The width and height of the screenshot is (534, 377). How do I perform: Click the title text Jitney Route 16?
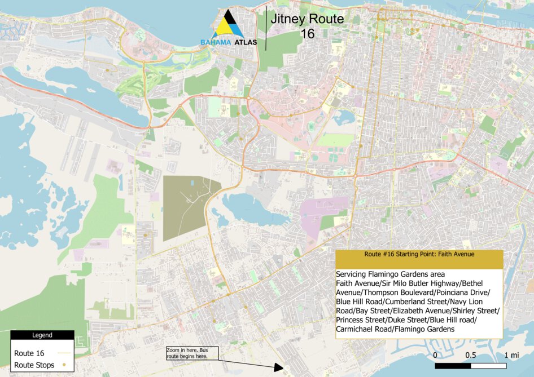[307, 26]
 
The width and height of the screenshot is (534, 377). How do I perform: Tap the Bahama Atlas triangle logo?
[228, 25]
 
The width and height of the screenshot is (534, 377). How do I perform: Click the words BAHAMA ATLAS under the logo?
[228, 42]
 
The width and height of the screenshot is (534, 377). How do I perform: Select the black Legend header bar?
[42, 335]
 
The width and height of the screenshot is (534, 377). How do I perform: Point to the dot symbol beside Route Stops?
[64, 365]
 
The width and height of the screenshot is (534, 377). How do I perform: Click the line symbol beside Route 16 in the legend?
[64, 353]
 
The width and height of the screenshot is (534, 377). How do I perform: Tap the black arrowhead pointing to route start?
[278, 367]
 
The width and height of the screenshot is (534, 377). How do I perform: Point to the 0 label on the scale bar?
[435, 355]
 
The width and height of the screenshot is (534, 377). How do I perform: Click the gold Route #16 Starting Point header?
[418, 254]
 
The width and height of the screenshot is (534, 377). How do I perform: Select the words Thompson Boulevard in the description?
[399, 292]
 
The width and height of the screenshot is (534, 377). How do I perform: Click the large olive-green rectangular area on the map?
[189, 207]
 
